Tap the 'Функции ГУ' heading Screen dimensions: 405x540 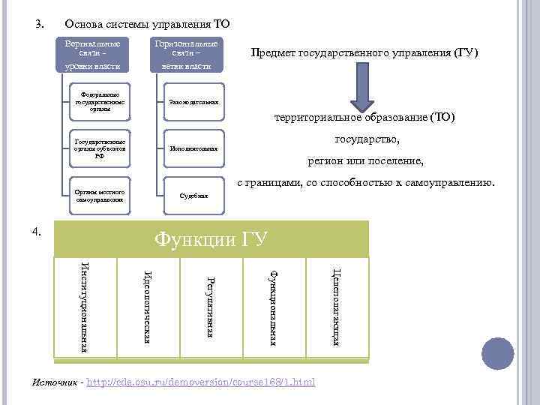pyautogui.click(x=211, y=239)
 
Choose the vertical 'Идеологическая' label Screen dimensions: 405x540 pyautogui.click(x=148, y=307)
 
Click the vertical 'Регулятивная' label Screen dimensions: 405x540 pyautogui.click(x=211, y=307)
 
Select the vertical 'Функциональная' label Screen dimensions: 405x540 pyautogui.click(x=274, y=307)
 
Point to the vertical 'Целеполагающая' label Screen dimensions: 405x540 pyautogui.click(x=337, y=307)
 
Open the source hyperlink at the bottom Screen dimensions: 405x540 pyautogui.click(x=202, y=383)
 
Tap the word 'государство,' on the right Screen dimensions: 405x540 pyautogui.click(x=367, y=139)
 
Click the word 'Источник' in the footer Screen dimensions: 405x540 pyautogui.click(x=54, y=383)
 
